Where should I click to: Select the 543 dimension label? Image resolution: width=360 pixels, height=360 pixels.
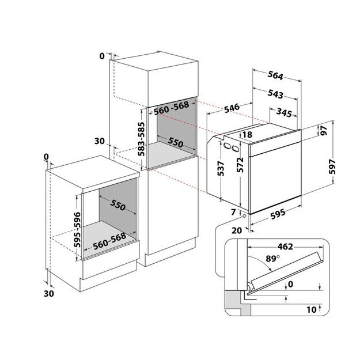point(275,93)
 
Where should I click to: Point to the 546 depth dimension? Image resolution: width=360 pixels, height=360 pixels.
point(232,108)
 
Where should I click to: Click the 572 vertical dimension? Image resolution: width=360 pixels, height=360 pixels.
point(241,168)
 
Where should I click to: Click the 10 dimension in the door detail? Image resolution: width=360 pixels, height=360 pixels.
point(312,310)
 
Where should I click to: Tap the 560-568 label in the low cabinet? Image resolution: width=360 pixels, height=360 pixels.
point(109,244)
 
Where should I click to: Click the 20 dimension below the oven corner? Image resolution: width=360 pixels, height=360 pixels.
point(236,230)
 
